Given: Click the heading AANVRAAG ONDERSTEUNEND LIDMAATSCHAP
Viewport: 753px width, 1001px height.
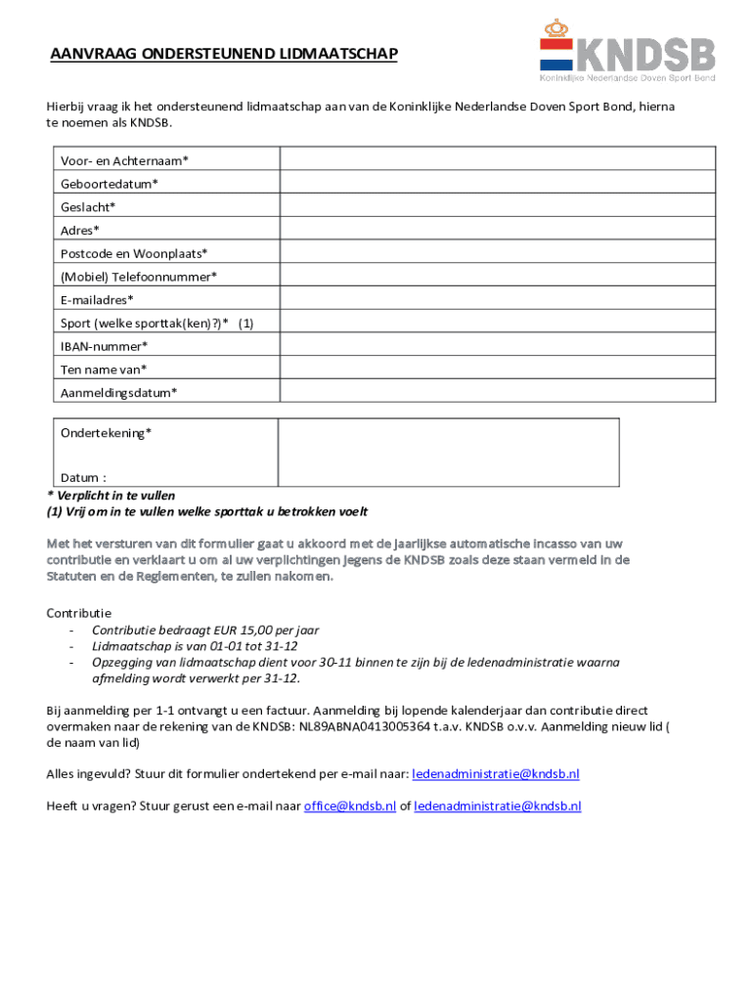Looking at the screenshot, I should pos(224,55).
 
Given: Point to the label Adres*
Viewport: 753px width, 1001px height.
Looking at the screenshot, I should pos(80,231).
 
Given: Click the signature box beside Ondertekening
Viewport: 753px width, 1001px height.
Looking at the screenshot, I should pos(448,452).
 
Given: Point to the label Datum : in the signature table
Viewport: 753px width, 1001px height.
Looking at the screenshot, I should pos(83,478).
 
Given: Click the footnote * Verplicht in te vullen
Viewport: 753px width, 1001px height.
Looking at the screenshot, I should pos(111,496).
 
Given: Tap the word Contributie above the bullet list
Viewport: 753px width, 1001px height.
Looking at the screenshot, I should pos(79,613).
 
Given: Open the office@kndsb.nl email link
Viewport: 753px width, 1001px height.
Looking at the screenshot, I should pos(349,806).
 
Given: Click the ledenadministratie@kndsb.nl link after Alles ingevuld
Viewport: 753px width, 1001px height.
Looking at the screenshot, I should pos(496,774).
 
